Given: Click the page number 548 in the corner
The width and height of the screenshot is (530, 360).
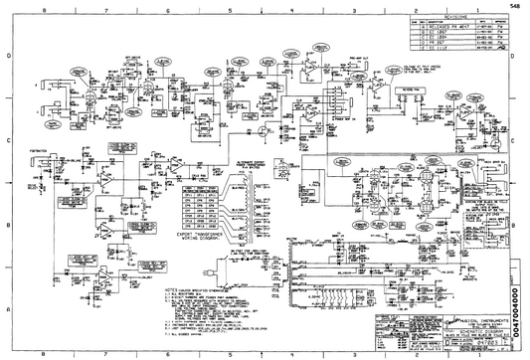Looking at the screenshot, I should (513, 6).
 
